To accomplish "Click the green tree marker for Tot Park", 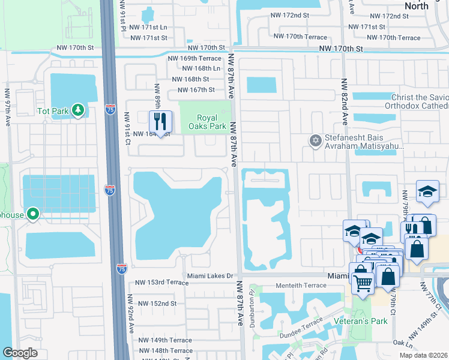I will [x=77, y=110].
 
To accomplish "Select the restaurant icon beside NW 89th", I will [x=160, y=122].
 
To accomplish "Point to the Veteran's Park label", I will [x=360, y=320].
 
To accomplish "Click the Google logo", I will [x=20, y=353].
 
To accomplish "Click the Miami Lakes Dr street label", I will [x=209, y=275].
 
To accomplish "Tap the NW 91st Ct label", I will [x=127, y=128].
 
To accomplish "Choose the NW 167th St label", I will [x=191, y=90].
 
